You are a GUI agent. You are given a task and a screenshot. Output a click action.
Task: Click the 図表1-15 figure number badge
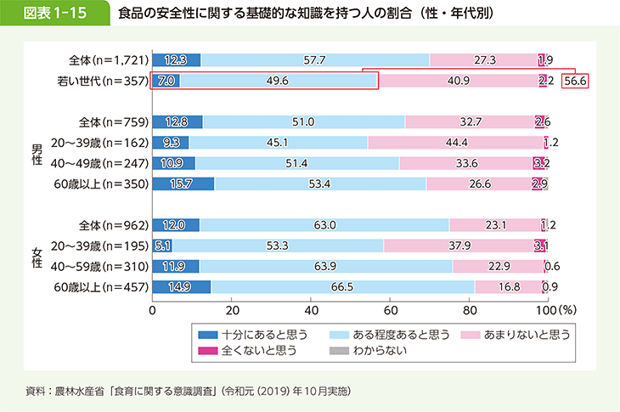click(53, 14)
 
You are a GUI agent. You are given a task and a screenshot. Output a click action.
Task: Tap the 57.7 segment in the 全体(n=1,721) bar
click(314, 59)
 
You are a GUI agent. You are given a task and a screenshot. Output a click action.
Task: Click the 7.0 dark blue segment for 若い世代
click(166, 82)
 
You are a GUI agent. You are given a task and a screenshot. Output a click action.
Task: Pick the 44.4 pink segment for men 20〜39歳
click(455, 143)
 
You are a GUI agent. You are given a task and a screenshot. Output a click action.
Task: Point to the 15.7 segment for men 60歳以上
click(183, 183)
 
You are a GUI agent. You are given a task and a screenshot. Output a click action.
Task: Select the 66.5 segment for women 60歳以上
click(342, 287)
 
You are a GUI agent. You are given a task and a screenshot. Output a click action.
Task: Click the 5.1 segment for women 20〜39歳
click(162, 246)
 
